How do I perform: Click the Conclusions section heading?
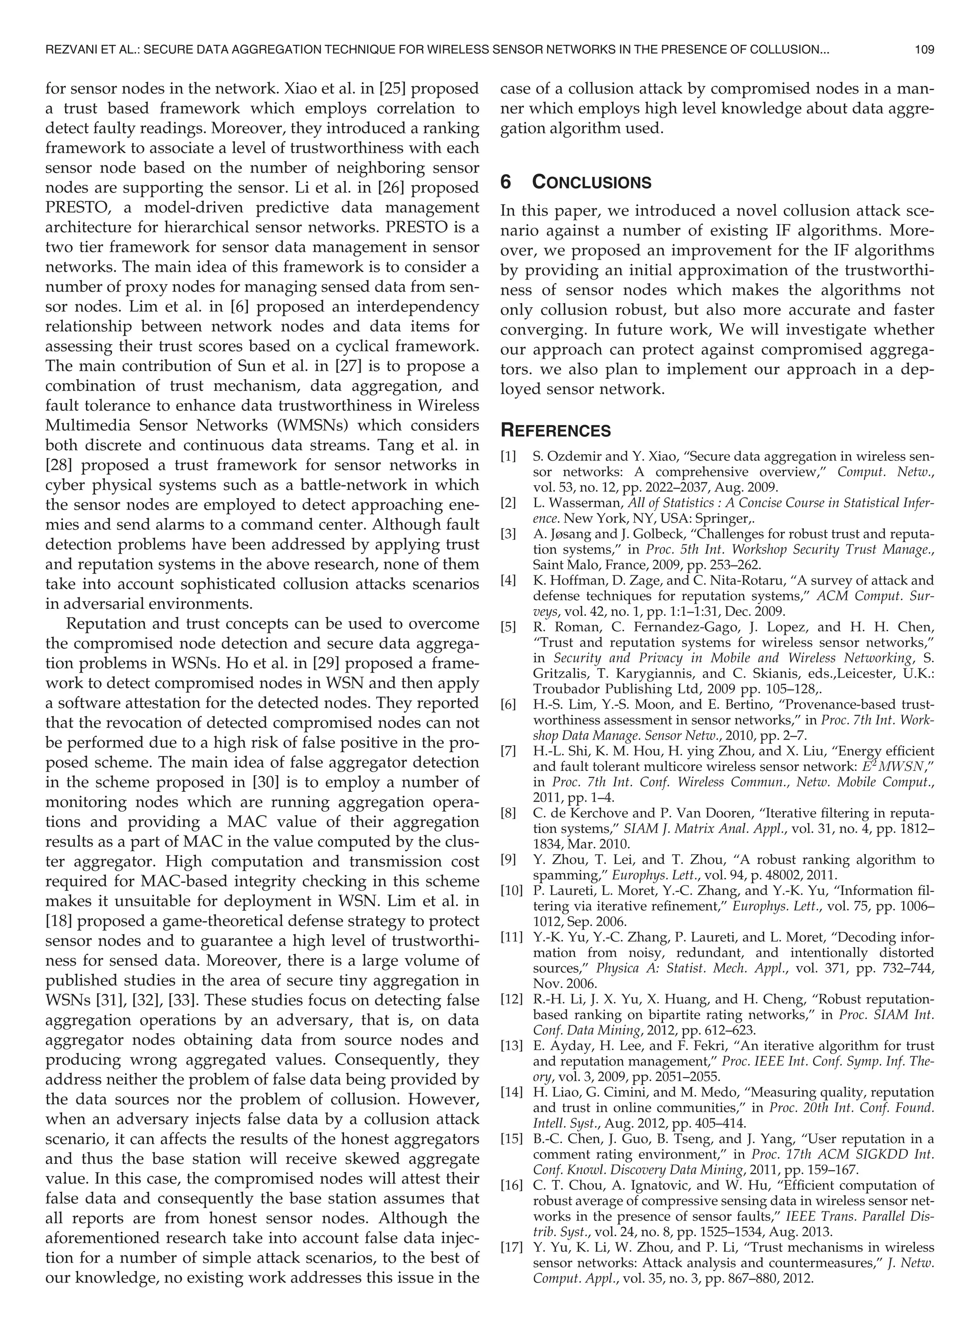[592, 182]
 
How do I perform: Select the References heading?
[555, 430]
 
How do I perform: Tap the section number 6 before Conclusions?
[506, 182]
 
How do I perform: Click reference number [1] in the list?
[509, 457]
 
